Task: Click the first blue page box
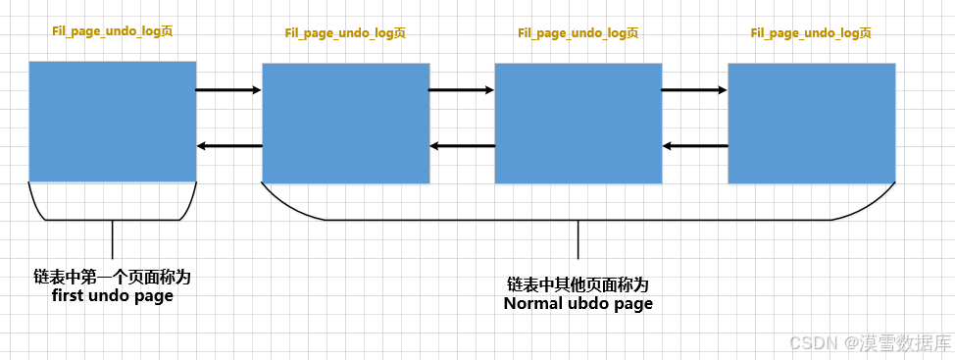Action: point(113,122)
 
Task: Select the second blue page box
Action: point(346,124)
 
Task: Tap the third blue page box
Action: point(578,124)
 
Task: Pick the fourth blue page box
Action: point(812,124)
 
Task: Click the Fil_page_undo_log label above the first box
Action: point(113,31)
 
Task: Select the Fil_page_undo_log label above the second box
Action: point(345,33)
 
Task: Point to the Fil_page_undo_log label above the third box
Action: point(578,33)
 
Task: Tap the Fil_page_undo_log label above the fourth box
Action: point(811,33)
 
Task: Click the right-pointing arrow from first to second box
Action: point(228,90)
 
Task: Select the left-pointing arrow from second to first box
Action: point(229,147)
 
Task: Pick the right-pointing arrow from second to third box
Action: point(462,90)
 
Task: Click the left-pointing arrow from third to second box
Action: point(462,147)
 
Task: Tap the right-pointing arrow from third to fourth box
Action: point(694,90)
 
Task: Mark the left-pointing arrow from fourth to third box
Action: point(694,147)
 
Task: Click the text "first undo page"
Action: point(112,295)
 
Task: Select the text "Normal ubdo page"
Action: point(578,303)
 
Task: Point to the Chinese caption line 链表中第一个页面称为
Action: point(112,278)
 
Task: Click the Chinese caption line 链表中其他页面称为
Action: point(578,284)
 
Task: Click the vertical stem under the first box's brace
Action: point(113,239)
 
